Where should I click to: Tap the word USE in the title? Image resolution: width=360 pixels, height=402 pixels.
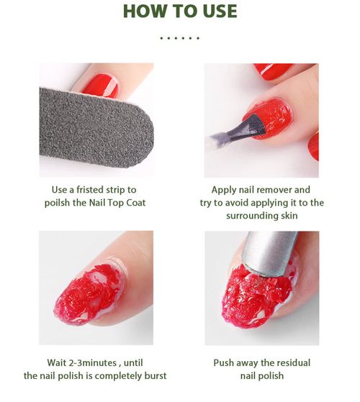(215, 12)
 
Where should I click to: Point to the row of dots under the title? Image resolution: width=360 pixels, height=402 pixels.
(179, 37)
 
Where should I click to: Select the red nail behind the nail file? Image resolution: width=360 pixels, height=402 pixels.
(100, 85)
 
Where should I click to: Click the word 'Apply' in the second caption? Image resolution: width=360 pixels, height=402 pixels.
(225, 190)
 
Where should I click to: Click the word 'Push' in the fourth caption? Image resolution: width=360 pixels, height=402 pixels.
(225, 362)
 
